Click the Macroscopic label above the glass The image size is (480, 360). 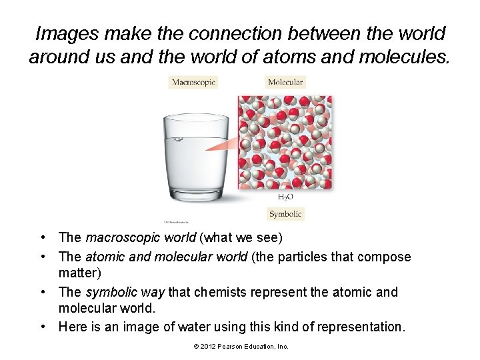point(193,82)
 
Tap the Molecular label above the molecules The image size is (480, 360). point(285,82)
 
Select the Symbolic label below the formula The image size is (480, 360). point(285,214)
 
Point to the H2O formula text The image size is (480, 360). point(285,197)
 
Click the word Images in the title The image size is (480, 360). point(63,33)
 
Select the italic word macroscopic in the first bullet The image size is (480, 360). point(118,237)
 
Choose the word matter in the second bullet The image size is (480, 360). point(79,272)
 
